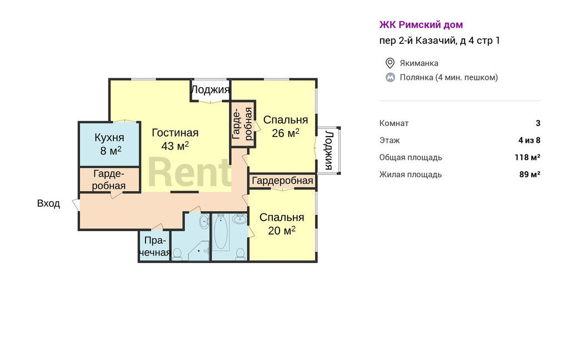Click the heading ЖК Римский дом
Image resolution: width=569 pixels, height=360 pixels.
421,24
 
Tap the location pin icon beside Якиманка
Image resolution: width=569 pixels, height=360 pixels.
390,63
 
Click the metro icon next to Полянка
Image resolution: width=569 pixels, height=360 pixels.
390,77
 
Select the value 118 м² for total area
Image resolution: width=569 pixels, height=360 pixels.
527,157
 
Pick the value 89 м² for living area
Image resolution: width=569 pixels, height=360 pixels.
530,174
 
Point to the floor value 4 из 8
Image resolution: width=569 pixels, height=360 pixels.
530,140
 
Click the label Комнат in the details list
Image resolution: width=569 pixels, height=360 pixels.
394,123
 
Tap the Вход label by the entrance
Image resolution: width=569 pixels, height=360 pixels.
49,203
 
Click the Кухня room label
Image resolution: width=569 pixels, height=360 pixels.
109,138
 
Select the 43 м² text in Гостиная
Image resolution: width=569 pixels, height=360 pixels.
175,146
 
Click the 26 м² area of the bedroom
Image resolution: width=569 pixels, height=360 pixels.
286,133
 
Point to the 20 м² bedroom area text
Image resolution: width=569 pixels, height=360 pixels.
282,230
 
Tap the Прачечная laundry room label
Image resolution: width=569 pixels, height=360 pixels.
155,247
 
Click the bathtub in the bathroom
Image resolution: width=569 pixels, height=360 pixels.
220,232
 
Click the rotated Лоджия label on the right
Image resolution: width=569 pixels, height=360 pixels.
328,150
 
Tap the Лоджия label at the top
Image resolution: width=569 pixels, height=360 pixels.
210,89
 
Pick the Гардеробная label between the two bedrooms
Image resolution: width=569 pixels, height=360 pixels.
282,181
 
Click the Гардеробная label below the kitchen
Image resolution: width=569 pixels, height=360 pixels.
109,179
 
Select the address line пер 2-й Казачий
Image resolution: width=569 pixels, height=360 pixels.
440,41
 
